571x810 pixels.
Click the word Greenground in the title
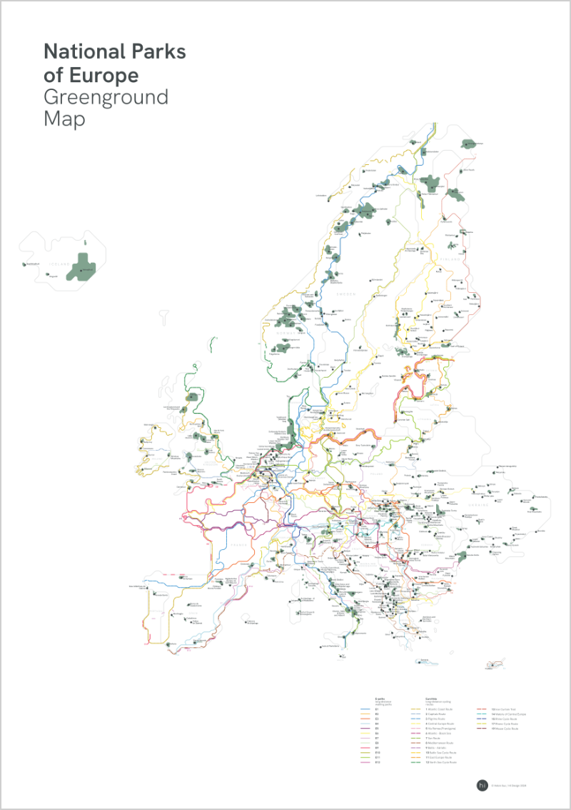point(106,96)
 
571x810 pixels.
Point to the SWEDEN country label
point(346,294)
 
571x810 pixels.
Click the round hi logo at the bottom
point(481,785)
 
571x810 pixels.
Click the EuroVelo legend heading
point(431,699)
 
